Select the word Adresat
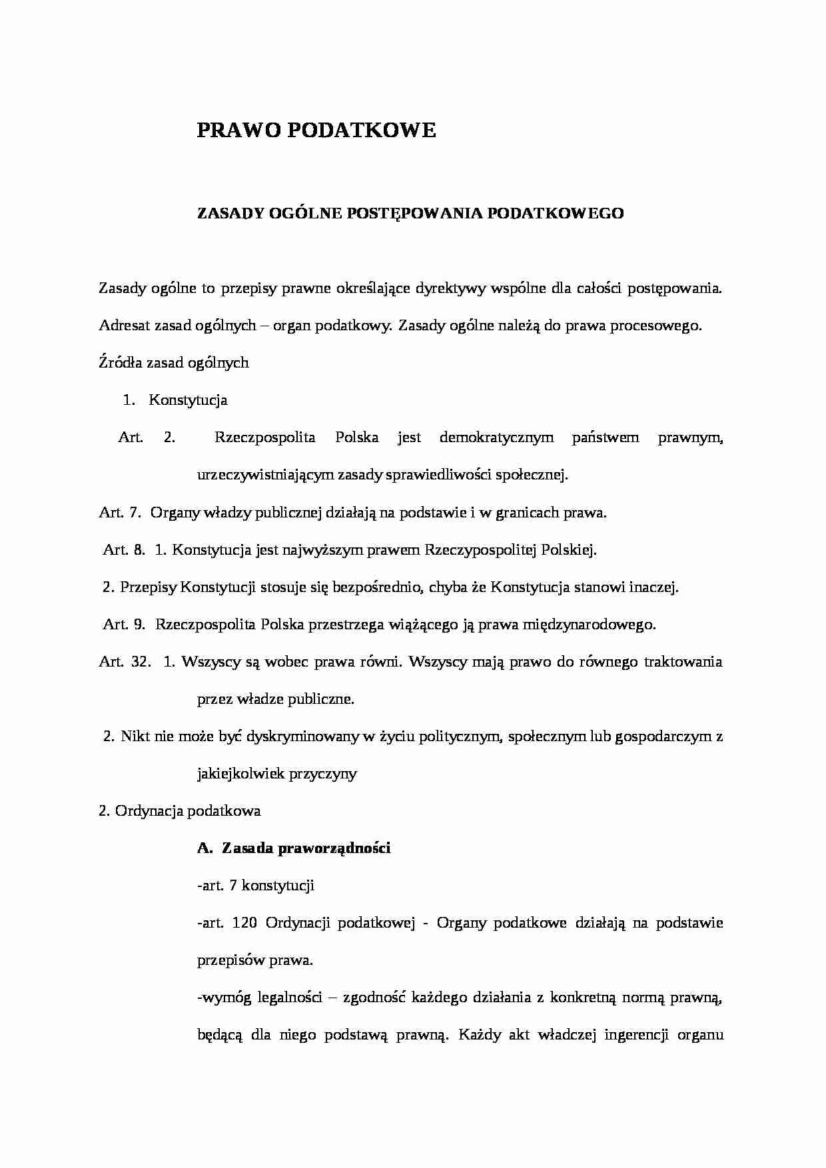(124, 326)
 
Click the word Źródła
(119, 363)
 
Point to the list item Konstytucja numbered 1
(188, 400)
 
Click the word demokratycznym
(496, 438)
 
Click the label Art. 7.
(119, 513)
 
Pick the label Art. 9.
(124, 625)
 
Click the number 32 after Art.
(141, 662)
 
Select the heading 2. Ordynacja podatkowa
(179, 811)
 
